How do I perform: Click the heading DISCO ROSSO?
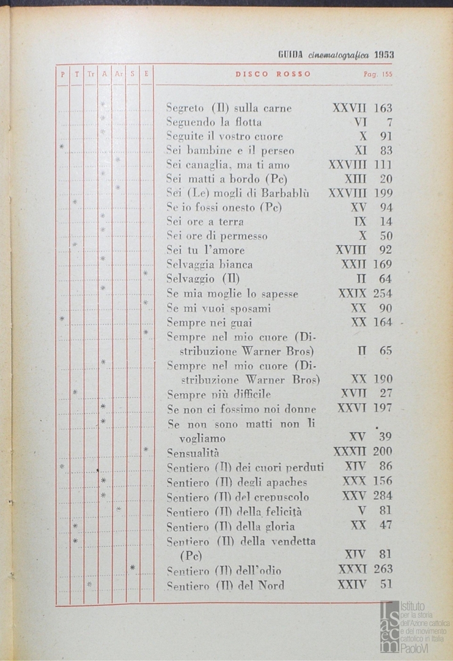point(273,74)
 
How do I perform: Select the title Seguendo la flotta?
point(214,122)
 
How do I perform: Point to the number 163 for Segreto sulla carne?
point(382,108)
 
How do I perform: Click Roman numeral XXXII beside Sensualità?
point(350,452)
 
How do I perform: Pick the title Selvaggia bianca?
point(209,264)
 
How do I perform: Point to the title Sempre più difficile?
point(218,394)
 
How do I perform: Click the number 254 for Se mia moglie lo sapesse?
point(382,293)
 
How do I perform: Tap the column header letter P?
point(62,74)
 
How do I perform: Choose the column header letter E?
point(147,74)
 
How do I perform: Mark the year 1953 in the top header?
point(384,54)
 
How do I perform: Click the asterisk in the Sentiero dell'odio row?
point(133,568)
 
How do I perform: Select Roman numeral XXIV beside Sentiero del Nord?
point(352,584)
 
